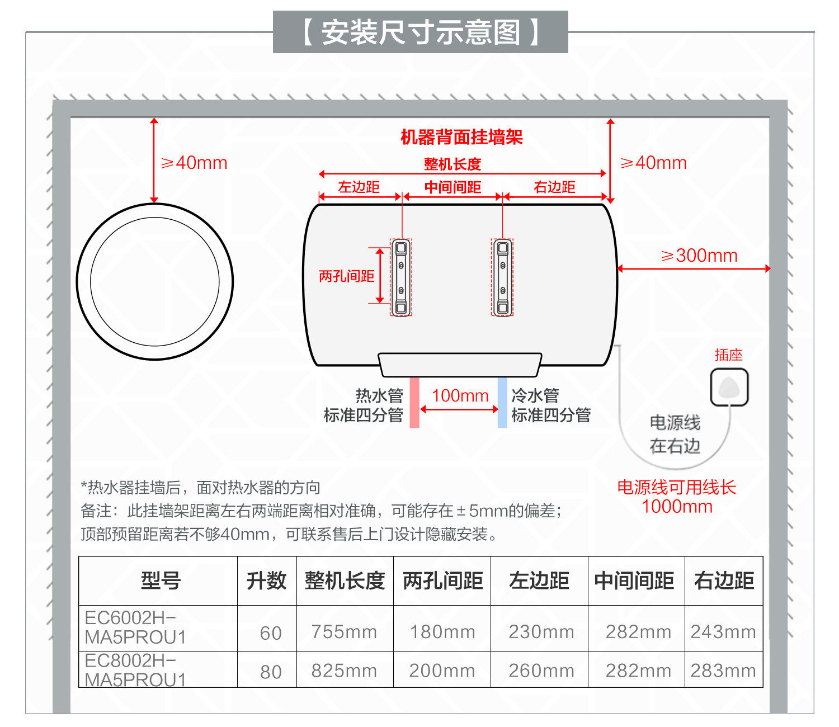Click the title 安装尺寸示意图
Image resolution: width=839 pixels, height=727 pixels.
(x=420, y=32)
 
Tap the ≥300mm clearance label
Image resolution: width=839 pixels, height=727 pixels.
(x=699, y=256)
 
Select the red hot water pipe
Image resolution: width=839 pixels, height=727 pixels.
(x=414, y=402)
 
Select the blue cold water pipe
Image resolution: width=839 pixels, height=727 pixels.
(x=502, y=402)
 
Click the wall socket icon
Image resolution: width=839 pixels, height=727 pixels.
(x=729, y=387)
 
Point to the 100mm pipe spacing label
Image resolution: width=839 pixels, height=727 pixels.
(x=460, y=395)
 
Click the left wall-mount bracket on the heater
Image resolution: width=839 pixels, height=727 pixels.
(x=401, y=277)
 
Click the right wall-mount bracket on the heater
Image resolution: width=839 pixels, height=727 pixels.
(x=502, y=277)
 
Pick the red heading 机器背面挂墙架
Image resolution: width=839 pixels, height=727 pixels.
(x=461, y=137)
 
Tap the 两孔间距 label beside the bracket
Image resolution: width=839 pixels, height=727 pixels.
(x=346, y=276)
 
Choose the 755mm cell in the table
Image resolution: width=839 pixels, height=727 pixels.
(x=344, y=632)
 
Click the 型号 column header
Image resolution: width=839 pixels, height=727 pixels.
(x=161, y=580)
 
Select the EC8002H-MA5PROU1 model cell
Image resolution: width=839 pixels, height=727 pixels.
(x=135, y=670)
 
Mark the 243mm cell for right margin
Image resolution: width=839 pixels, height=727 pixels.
(x=723, y=632)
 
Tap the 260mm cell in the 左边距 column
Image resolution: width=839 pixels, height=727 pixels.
(x=541, y=671)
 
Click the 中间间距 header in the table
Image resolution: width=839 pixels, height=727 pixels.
(x=634, y=580)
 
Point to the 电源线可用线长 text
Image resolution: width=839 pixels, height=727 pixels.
(x=676, y=487)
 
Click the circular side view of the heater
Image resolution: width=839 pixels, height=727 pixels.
(x=155, y=281)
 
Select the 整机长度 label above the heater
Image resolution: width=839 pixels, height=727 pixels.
(x=452, y=164)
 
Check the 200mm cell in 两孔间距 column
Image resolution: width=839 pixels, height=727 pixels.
(x=442, y=671)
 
